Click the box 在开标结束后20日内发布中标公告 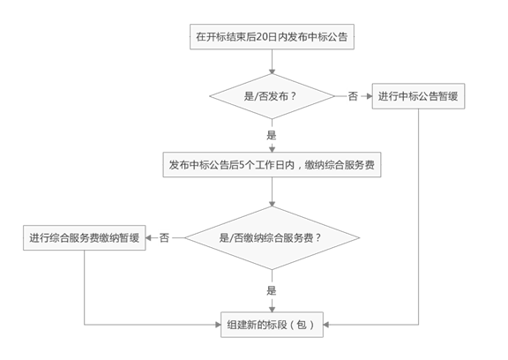272,36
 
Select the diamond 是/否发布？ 272,96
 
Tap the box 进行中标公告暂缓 418,96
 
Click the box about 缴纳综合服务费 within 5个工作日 272,165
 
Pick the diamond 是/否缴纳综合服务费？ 272,238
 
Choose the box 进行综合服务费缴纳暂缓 85,238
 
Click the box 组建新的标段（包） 272,325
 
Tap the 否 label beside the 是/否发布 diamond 353,96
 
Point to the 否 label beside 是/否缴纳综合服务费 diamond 164,238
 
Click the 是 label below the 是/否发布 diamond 272,135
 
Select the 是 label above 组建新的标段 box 272,290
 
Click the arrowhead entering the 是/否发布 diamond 272,71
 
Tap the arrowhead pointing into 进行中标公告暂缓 369,96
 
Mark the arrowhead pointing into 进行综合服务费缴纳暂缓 149,238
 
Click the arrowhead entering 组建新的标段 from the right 326,325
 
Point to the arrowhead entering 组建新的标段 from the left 218,325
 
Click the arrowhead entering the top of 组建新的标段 272,309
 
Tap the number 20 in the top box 261,37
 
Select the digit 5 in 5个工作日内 242,165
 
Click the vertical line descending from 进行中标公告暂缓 418,216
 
